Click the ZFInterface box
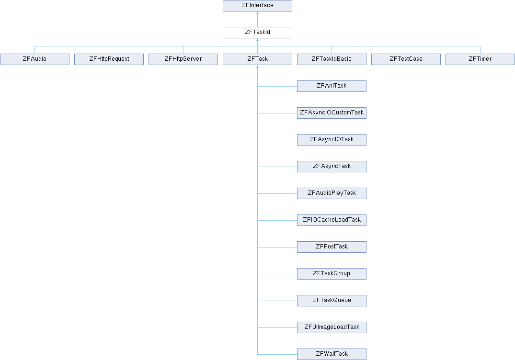pos(257,6)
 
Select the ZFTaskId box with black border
pos(257,33)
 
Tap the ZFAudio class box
pos(34,59)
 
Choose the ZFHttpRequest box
pos(109,59)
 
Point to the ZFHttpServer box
pos(183,59)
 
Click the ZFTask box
pos(257,59)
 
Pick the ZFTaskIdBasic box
pos(332,59)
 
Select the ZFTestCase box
pos(406,59)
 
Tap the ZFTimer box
pos(480,59)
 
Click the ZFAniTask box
pos(332,86)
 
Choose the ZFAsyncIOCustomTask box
pos(332,113)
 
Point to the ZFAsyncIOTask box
pos(332,140)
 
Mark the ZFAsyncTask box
pos(332,167)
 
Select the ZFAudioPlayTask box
pos(332,193)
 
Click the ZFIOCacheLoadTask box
pos(332,220)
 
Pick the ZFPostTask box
pos(332,247)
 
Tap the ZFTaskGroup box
pos(332,274)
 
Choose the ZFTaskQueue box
pos(332,301)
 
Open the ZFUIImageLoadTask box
pos(332,327)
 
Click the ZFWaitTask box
pos(332,354)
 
